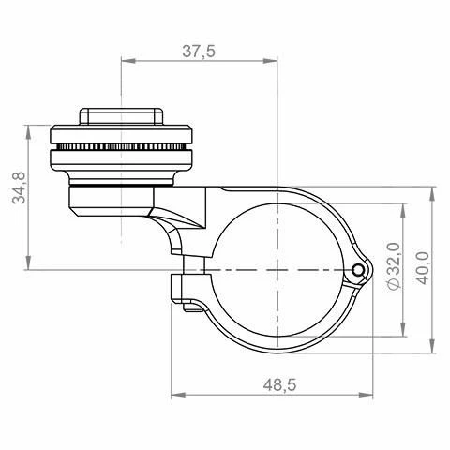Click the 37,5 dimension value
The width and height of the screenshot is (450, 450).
(x=197, y=52)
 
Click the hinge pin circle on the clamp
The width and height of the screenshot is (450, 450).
(x=358, y=270)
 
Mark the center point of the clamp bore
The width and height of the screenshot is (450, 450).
(x=278, y=270)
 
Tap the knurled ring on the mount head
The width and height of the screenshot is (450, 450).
(x=123, y=149)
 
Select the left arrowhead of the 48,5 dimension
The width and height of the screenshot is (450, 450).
(x=176, y=393)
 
